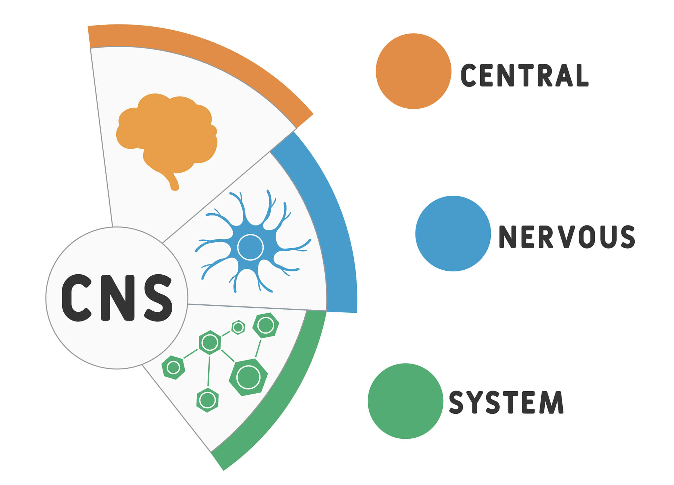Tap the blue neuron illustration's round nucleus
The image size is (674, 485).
250,247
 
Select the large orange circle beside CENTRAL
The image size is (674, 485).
413,71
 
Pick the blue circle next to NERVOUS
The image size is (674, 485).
453,233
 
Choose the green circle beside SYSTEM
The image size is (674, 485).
405,401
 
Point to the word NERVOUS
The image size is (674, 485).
566,237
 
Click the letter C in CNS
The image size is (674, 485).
77,298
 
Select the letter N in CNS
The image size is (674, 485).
117,298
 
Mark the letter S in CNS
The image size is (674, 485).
158,298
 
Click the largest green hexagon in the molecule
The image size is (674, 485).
248,377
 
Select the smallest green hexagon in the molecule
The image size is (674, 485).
238,327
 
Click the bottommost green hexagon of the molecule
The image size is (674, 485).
207,400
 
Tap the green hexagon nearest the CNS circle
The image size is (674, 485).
173,367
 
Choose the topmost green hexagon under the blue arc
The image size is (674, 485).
266,325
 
